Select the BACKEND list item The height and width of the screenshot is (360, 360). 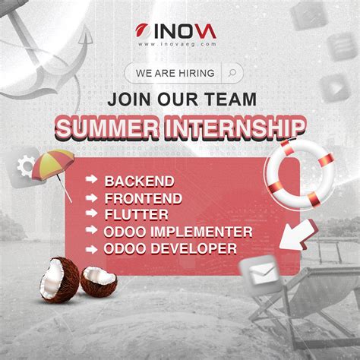140,182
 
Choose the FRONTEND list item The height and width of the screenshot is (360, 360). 144,198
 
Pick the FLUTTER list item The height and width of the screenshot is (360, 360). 137,215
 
